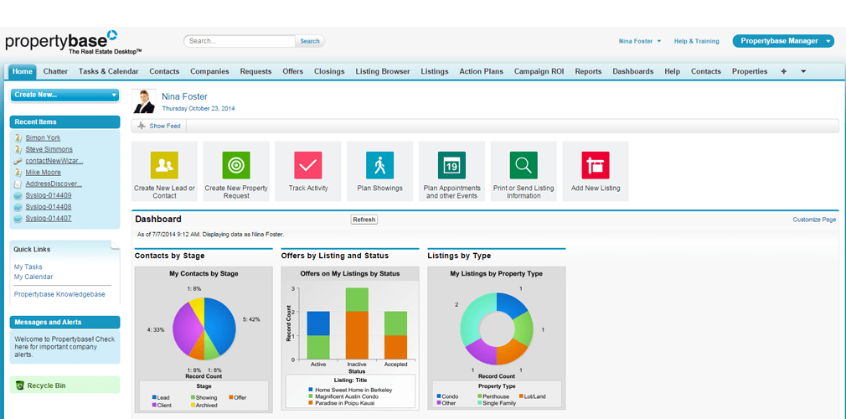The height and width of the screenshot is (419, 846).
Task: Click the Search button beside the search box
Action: (x=310, y=41)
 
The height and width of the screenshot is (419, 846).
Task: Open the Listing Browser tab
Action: (x=383, y=72)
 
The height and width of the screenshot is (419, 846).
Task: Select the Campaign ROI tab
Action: (x=539, y=72)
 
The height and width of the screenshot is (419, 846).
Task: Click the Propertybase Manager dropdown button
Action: (x=783, y=41)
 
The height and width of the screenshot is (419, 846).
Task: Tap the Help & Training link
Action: (x=696, y=41)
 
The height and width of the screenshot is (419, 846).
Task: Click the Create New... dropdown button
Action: (x=65, y=95)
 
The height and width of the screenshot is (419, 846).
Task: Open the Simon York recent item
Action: (x=43, y=137)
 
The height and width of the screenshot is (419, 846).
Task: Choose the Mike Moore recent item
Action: (x=43, y=173)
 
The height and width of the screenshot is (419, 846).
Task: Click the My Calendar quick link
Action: (x=34, y=277)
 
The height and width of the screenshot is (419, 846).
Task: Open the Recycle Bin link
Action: (x=46, y=385)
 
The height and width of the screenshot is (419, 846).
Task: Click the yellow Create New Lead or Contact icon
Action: (x=164, y=165)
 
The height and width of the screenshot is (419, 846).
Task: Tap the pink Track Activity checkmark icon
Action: (x=308, y=165)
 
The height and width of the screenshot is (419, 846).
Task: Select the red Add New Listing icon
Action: (x=596, y=165)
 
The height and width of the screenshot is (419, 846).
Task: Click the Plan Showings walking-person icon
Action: (x=380, y=165)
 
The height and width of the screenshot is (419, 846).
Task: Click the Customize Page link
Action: (x=814, y=220)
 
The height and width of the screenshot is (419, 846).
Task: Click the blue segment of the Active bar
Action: (x=318, y=323)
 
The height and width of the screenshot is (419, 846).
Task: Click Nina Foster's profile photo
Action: (x=144, y=101)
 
